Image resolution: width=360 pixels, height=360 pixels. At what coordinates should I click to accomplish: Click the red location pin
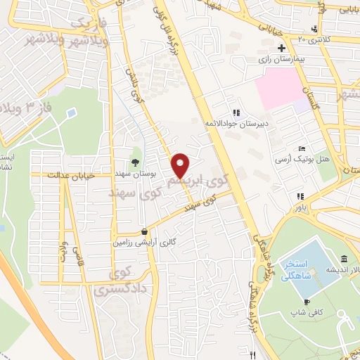tap(181, 165)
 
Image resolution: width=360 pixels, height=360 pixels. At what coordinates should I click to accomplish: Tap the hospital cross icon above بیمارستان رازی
tap(281, 49)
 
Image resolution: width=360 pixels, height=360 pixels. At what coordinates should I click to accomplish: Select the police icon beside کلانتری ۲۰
tap(314, 29)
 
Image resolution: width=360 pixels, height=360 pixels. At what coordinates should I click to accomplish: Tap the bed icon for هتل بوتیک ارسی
tap(302, 149)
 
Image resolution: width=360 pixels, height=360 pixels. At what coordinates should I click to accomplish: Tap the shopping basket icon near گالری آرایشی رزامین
tap(144, 231)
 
